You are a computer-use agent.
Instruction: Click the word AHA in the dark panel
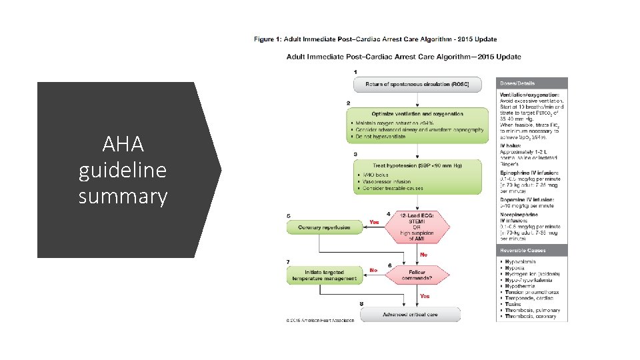(x=123, y=143)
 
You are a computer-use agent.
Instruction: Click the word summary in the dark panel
(x=123, y=197)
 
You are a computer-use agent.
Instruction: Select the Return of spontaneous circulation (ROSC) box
(x=417, y=84)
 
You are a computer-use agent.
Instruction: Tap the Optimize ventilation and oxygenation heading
(x=417, y=114)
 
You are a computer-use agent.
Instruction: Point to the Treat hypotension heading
(x=417, y=164)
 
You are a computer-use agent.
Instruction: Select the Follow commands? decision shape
(x=417, y=275)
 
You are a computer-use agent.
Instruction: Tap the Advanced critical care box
(x=409, y=315)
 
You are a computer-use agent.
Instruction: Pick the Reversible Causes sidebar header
(x=523, y=251)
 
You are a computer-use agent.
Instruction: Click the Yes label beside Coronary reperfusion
(x=375, y=222)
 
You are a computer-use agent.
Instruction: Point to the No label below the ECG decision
(x=423, y=254)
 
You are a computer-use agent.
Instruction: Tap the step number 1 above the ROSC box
(x=355, y=71)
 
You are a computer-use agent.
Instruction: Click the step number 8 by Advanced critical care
(x=361, y=305)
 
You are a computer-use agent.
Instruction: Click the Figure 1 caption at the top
(x=375, y=39)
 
